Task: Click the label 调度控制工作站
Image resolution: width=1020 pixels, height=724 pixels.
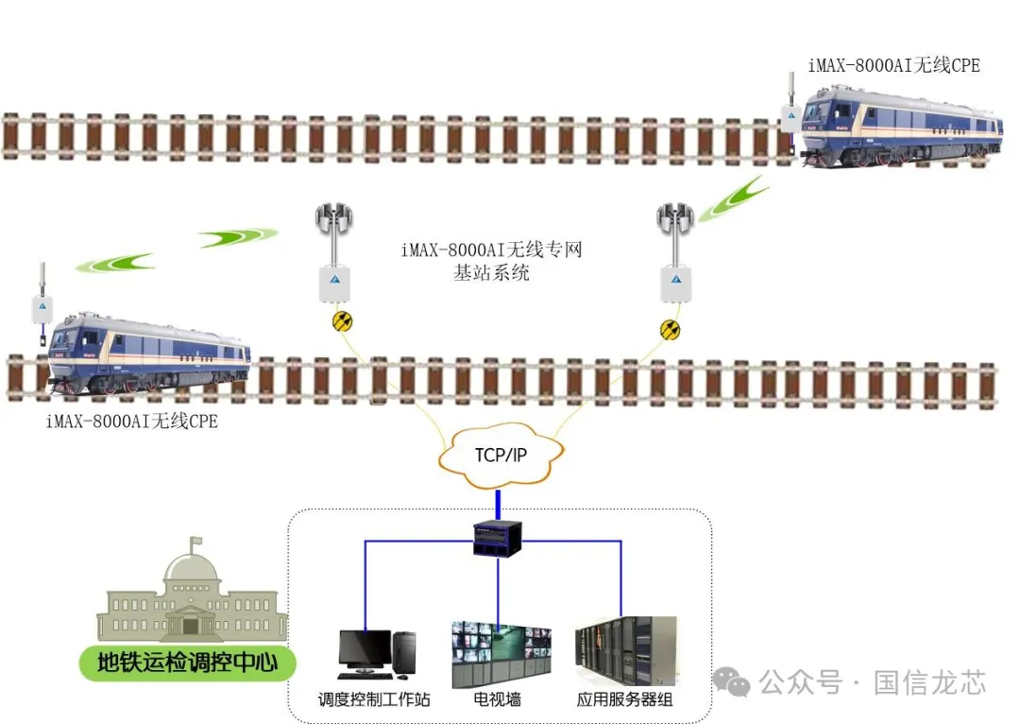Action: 374,700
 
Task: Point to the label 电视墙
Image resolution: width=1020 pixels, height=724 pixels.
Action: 498,700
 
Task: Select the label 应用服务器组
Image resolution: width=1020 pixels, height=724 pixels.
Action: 625,700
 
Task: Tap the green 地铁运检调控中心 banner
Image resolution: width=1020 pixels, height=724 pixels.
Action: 187,663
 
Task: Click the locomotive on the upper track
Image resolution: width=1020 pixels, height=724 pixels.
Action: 901,128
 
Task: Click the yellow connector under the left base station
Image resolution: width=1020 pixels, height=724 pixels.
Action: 343,321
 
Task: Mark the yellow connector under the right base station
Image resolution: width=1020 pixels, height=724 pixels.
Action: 669,329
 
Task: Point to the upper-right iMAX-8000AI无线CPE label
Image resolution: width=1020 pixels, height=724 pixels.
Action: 893,65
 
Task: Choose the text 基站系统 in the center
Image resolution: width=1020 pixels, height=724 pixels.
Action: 492,273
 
